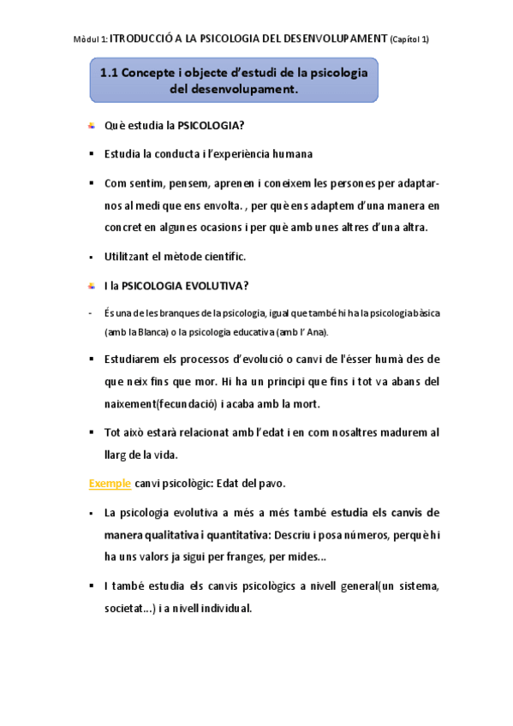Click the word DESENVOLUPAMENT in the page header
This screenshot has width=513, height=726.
coord(332,39)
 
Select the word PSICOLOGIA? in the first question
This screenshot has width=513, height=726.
coord(211,127)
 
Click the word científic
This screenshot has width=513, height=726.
coord(224,257)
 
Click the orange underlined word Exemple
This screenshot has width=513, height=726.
coord(110,484)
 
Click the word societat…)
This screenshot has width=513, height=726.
coord(133,609)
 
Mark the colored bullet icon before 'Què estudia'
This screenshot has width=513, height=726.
coord(91,128)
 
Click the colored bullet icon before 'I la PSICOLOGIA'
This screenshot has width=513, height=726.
coord(91,285)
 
